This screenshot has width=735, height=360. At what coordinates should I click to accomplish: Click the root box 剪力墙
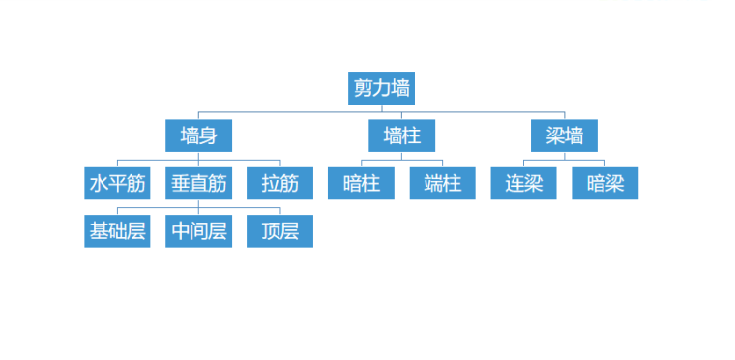381,88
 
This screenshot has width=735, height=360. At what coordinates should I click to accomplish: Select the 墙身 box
198,135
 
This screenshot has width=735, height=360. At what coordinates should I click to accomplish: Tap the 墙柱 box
401,135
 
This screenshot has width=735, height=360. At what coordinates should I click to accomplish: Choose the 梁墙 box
564,135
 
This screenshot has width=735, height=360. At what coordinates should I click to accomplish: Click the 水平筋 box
117,183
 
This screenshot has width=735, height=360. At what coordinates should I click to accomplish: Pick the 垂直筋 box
198,183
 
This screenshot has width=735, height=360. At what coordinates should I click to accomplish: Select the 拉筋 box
279,183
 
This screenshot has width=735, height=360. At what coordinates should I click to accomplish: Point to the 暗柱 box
361,183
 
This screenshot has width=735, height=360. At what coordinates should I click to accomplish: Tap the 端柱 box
442,183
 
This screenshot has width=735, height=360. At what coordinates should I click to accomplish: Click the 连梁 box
523,183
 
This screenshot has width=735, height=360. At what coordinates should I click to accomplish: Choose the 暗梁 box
604,183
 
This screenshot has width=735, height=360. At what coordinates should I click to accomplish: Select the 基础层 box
117,231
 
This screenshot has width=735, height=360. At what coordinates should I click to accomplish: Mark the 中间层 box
198,231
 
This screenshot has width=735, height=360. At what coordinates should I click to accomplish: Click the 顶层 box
279,231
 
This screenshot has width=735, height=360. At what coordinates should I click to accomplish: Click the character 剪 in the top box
364,88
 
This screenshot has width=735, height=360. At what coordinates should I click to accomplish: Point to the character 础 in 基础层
117,231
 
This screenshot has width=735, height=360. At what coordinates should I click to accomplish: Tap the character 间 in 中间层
198,231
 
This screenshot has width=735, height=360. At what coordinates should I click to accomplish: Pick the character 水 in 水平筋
99,183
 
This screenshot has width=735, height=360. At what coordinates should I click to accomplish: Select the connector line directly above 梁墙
564,116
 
